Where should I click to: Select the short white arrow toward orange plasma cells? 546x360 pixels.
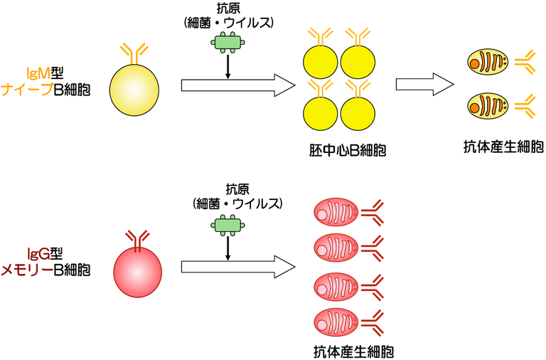tap(424, 84)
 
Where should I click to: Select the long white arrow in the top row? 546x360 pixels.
tap(238, 86)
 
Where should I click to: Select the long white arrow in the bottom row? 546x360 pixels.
tap(238, 268)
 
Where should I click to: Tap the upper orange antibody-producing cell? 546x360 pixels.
tap(488, 63)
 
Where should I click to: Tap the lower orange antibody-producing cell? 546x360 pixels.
tap(488, 108)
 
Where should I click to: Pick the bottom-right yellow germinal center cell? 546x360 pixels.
tap(359, 112)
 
